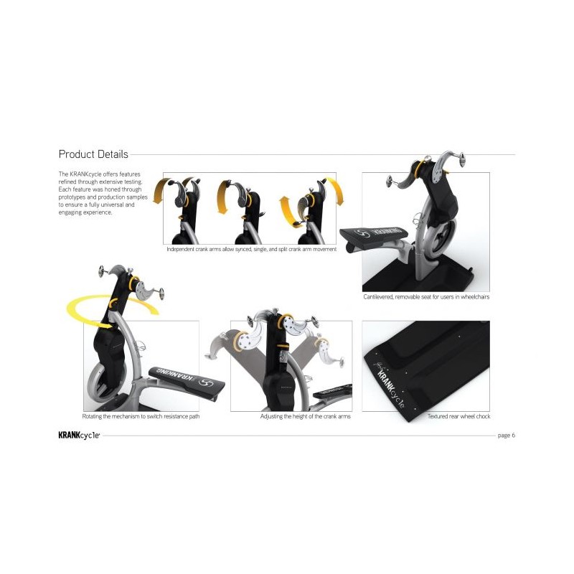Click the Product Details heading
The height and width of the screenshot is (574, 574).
[93, 154]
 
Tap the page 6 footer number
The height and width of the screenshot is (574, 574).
[507, 436]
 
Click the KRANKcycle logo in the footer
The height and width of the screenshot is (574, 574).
[79, 436]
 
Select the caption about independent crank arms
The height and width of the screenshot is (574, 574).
[252, 249]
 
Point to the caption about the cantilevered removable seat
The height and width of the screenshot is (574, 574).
[426, 297]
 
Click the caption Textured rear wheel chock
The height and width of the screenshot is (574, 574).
[458, 416]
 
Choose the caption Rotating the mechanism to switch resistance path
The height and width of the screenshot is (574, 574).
[141, 416]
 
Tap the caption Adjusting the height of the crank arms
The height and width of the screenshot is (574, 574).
[306, 416]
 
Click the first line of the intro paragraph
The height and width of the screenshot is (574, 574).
[99, 174]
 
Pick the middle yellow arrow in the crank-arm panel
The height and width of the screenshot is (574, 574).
[222, 196]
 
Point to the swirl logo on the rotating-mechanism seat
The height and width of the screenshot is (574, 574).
[206, 383]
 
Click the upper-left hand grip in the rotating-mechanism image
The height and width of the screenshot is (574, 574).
[101, 271]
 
